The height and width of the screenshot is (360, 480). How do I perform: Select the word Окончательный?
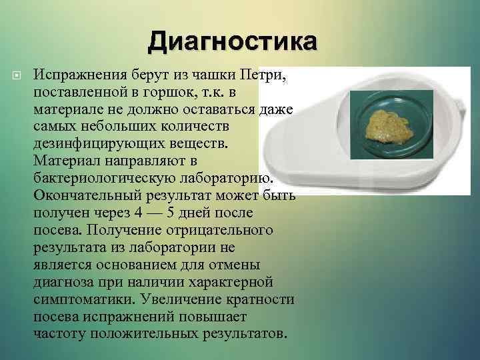click(84, 195)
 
